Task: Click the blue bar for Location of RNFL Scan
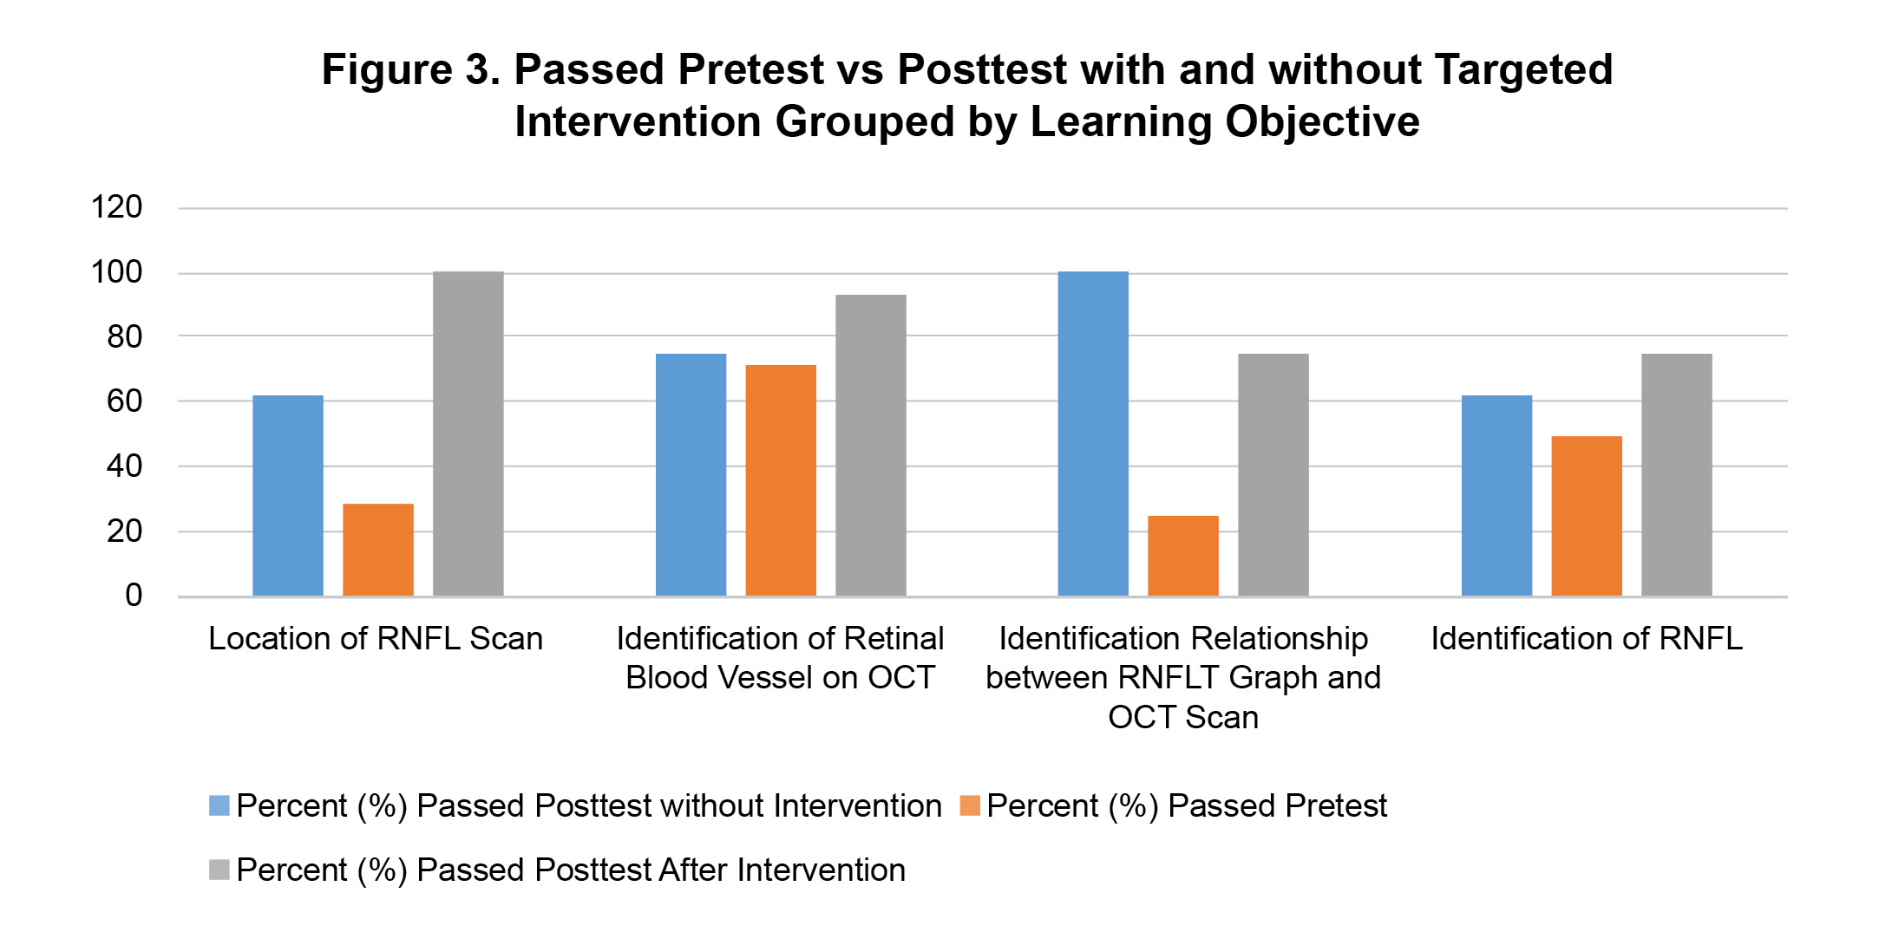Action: coord(288,496)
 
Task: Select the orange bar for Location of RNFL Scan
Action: coord(378,550)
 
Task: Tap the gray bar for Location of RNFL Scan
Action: coord(468,433)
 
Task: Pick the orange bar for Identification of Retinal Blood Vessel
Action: coord(781,480)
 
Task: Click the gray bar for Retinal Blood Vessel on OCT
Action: coord(871,446)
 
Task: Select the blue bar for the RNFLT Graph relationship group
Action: coord(1093,433)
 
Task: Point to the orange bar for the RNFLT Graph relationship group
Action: coord(1183,556)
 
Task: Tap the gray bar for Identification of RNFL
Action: coord(1677,475)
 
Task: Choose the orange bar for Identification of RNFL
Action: coord(1587,516)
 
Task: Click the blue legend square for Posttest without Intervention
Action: coord(219,806)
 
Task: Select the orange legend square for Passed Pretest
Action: coord(970,806)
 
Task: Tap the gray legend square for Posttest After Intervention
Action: coord(219,870)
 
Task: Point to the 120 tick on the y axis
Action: coord(116,207)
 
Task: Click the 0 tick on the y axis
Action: coord(134,596)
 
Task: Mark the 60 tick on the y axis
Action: coord(125,401)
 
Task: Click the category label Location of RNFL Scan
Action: coord(376,639)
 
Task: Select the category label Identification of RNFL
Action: coord(1587,639)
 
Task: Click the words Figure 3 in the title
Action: coord(411,69)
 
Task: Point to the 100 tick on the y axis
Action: coord(116,272)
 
